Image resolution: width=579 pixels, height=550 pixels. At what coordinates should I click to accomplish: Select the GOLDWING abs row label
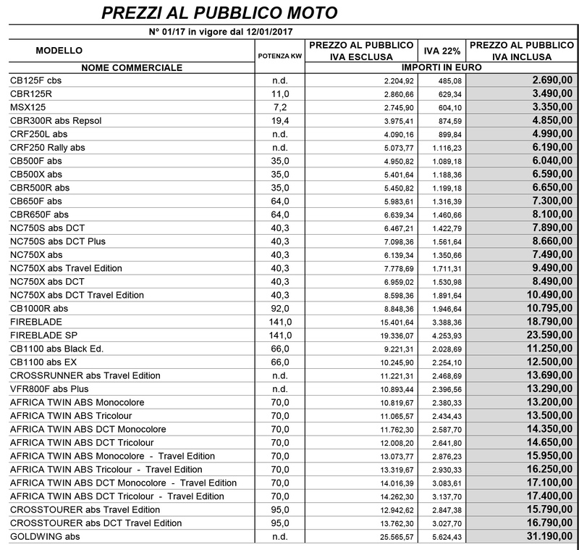[46, 536]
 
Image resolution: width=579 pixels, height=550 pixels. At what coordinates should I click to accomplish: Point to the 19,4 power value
[279, 120]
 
